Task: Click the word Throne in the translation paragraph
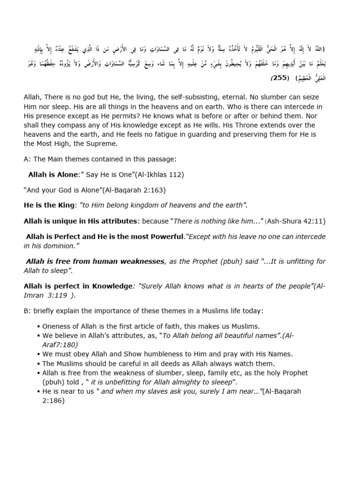point(262,125)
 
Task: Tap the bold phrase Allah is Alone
point(52,174)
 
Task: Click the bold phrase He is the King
point(49,205)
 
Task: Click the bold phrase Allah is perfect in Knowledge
point(78,286)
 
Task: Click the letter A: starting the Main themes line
point(27,159)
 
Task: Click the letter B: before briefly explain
point(27,311)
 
